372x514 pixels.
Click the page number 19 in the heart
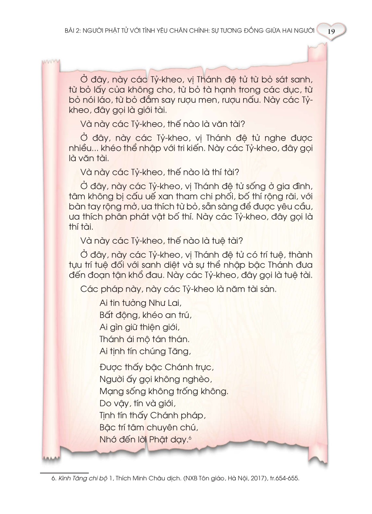point(331,32)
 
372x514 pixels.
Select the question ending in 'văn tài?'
point(163,124)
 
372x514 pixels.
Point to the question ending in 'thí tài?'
point(160,172)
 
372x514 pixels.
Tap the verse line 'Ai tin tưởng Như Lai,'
point(141,303)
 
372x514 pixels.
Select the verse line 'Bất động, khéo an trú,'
point(146,315)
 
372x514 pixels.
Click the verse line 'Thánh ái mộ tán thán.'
point(145,339)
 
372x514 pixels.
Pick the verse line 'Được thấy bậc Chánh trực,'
point(157,367)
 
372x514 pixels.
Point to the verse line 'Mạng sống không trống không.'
point(164,391)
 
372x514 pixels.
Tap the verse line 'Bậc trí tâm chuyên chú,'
point(149,427)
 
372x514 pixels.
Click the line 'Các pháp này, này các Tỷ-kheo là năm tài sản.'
point(178,289)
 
